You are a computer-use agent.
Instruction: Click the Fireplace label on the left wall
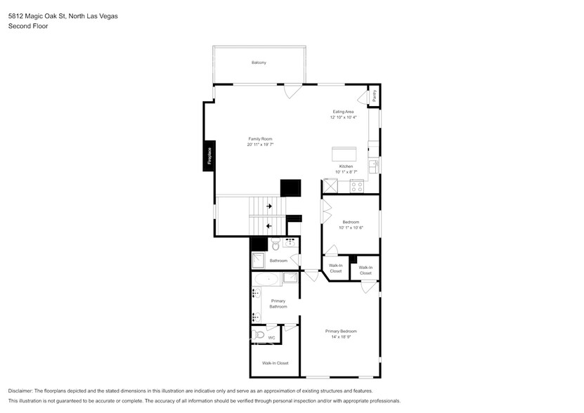coord(209,156)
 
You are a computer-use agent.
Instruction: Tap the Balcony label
coord(259,63)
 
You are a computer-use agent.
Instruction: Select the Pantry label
coord(374,96)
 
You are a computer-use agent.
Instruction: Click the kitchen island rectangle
coord(344,153)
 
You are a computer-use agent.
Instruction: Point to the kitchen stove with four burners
coord(356,186)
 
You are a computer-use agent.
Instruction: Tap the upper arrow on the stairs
coord(268,206)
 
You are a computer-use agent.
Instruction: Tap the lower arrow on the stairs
coord(268,226)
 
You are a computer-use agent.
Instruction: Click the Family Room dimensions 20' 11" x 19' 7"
coord(259,145)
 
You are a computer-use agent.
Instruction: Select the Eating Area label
coord(343,112)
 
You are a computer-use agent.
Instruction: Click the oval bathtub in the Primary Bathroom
coord(267,280)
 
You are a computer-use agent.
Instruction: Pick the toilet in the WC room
coord(259,335)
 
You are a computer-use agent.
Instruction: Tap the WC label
coord(271,338)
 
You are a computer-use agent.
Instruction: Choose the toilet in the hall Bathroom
coord(276,245)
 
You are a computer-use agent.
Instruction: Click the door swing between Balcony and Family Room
coord(292,91)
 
